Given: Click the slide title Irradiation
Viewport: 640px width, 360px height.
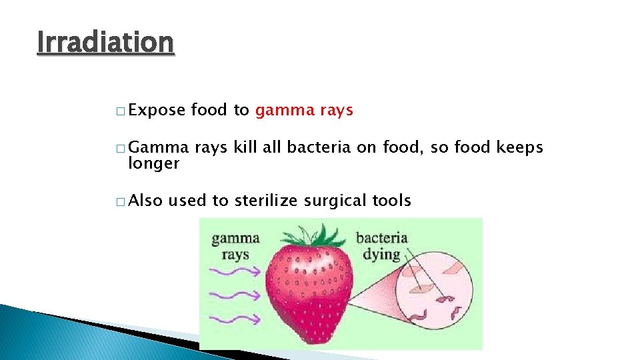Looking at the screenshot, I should (105, 43).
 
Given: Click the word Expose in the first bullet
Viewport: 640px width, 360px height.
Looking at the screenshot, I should (155, 111).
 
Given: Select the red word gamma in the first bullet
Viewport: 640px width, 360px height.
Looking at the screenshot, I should (283, 111).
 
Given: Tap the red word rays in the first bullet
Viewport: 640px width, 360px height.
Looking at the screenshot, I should (335, 111).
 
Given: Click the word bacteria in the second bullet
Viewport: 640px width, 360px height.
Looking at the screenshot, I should (318, 148).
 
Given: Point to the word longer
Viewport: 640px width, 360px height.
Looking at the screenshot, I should (153, 163).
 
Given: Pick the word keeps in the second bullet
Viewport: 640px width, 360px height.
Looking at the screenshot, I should (521, 148).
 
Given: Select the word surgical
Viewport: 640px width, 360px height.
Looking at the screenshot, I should (331, 200).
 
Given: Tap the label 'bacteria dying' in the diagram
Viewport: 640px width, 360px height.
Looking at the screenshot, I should (381, 245).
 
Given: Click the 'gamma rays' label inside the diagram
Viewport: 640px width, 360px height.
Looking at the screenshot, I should (235, 246).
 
